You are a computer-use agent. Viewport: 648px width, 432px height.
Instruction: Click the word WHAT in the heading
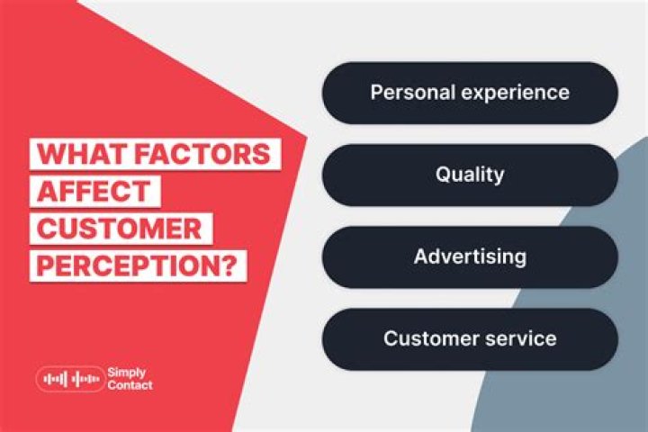tap(80, 154)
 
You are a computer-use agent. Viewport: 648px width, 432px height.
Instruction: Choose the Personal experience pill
tap(470, 93)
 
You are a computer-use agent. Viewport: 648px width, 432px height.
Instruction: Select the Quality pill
tap(470, 175)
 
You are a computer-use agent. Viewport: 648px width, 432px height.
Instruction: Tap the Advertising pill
tap(470, 256)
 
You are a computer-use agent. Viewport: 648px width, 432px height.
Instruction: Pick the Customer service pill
tap(470, 339)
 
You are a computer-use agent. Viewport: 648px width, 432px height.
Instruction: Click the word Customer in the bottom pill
tap(427, 339)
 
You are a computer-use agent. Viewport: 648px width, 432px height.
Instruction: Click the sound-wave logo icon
tap(70, 379)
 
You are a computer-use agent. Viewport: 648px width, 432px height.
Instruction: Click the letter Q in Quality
tap(443, 175)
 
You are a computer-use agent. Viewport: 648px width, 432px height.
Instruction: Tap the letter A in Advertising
tap(420, 256)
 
